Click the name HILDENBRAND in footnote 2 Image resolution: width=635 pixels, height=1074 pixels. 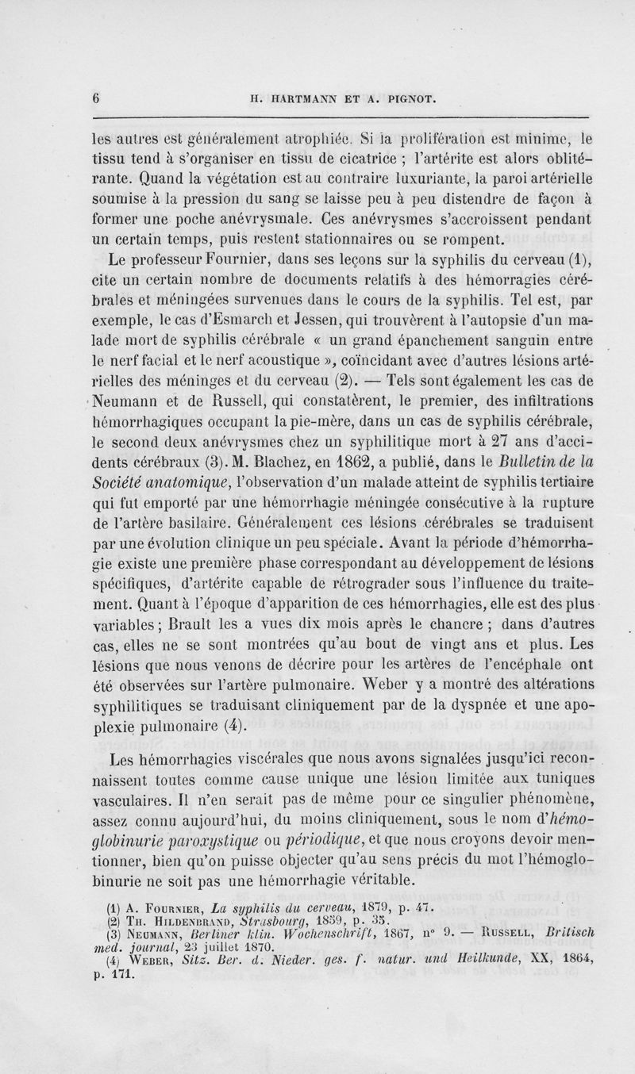pyautogui.click(x=170, y=925)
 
